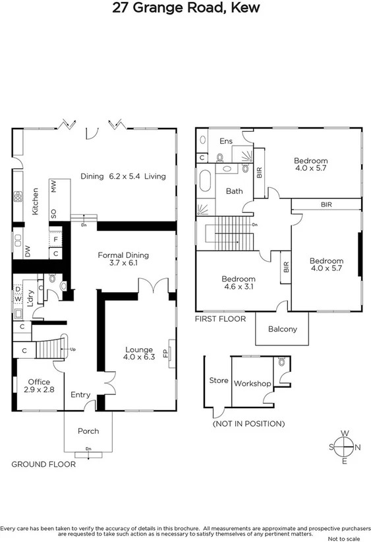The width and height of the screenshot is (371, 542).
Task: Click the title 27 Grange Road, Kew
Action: pyautogui.click(x=185, y=9)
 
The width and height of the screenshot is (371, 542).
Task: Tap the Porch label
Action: pyautogui.click(x=88, y=431)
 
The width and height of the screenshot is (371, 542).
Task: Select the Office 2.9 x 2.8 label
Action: pyautogui.click(x=39, y=386)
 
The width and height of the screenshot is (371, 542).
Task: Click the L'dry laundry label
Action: pyautogui.click(x=29, y=293)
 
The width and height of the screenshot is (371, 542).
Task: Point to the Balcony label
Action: pyautogui.click(x=283, y=330)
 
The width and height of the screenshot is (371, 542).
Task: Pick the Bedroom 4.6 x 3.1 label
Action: pyautogui.click(x=238, y=283)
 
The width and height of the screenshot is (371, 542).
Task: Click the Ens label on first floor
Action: pyautogui.click(x=226, y=141)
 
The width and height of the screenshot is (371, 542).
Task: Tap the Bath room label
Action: pyautogui.click(x=235, y=191)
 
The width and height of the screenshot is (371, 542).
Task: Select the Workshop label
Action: pyautogui.click(x=252, y=383)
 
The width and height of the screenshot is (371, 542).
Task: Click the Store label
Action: pyautogui.click(x=218, y=380)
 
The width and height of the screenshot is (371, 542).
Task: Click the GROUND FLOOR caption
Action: pyautogui.click(x=43, y=464)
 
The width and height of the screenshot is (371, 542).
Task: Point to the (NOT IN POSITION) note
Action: pyautogui.click(x=248, y=423)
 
